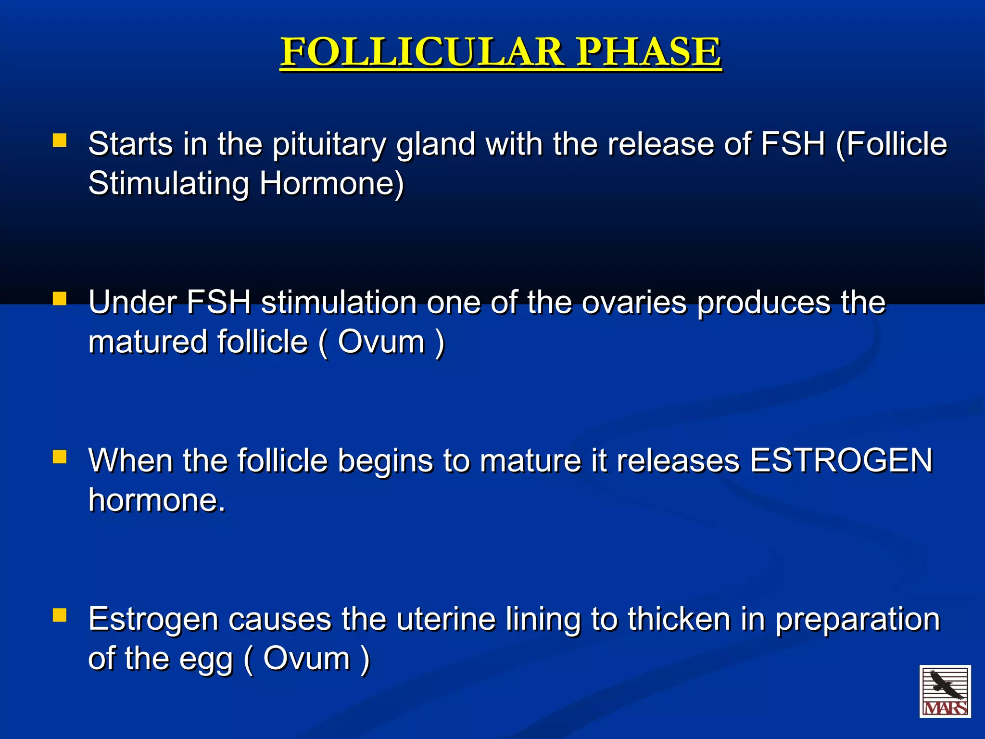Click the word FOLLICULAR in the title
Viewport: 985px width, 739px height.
[x=421, y=52]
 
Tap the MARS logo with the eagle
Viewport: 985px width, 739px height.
[x=945, y=691]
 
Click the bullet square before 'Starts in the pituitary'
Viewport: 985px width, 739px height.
[x=60, y=140]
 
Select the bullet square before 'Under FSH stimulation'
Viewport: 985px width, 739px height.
[x=60, y=299]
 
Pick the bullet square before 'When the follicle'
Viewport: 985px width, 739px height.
[x=60, y=457]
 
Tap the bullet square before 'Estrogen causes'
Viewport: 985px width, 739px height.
[x=60, y=615]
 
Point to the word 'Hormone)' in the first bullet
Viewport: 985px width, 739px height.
[x=332, y=184]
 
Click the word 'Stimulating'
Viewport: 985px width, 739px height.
[x=169, y=184]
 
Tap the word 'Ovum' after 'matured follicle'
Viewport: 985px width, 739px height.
[x=381, y=342]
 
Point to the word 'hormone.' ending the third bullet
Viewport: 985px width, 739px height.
[x=157, y=500]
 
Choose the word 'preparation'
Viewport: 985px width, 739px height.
[x=858, y=620]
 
